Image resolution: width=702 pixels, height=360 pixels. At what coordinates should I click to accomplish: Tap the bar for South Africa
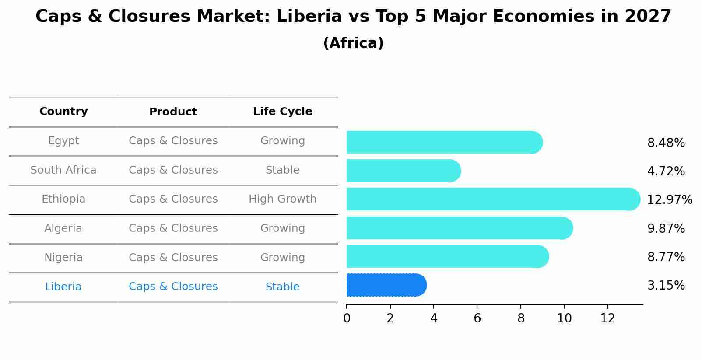click(403, 171)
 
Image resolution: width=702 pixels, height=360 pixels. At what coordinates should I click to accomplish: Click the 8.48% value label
click(666, 143)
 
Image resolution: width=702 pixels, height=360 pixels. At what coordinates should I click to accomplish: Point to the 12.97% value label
click(669, 200)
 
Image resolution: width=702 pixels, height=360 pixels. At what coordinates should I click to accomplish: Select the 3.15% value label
click(666, 286)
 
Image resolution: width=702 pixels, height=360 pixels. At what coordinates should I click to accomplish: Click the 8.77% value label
click(666, 257)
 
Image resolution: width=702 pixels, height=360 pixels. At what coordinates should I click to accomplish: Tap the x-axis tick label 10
click(564, 318)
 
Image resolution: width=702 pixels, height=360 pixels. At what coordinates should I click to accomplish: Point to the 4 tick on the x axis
click(434, 318)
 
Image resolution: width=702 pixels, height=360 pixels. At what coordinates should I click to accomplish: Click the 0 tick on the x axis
click(347, 318)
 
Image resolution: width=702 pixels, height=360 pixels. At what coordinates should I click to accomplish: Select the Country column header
click(63, 112)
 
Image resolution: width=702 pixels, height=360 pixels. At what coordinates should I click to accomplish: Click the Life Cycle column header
click(282, 112)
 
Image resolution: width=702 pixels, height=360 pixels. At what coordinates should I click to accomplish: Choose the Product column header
click(173, 112)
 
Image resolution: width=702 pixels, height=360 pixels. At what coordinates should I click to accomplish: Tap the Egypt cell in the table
click(63, 141)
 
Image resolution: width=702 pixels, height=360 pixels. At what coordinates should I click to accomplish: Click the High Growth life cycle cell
click(282, 199)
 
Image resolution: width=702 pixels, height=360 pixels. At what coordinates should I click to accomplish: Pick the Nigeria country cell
click(63, 258)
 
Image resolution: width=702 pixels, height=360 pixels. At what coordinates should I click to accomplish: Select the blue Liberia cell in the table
click(63, 287)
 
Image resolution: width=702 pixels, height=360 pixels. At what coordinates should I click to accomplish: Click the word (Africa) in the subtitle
click(353, 43)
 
